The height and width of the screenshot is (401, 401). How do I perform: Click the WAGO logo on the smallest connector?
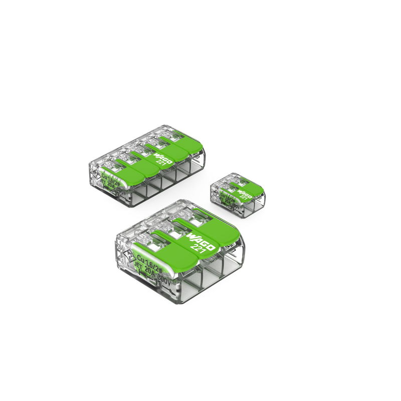[245, 192]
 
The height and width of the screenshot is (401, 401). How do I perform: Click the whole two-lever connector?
[238, 195]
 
